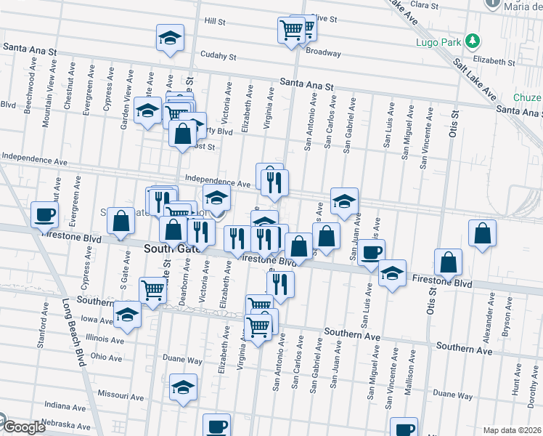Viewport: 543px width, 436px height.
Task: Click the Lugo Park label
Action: click(438, 42)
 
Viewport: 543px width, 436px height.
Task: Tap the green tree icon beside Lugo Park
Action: click(473, 41)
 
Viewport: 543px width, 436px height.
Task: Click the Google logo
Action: click(23, 427)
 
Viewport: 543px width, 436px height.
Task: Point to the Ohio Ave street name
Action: click(106, 357)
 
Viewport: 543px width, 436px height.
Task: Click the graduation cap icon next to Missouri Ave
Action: click(184, 387)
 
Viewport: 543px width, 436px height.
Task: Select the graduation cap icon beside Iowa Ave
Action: click(128, 315)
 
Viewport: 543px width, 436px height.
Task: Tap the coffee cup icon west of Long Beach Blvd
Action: click(45, 214)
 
